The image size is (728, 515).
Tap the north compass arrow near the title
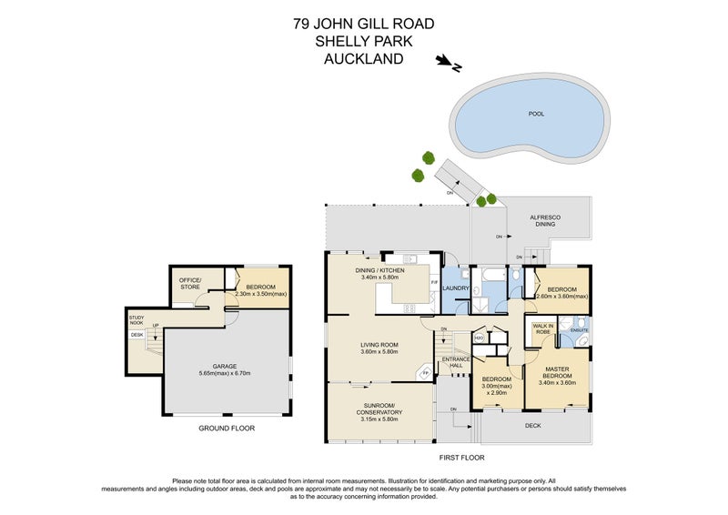[449, 64]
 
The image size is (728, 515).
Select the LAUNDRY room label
[456, 289]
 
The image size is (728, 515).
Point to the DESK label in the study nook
[137, 335]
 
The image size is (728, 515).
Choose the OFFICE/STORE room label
[189, 283]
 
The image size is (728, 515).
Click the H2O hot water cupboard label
[479, 338]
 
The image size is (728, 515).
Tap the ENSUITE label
[579, 328]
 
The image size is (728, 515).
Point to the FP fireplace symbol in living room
[423, 371]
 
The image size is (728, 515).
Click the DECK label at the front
[534, 424]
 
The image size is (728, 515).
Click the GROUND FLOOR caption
[227, 428]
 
